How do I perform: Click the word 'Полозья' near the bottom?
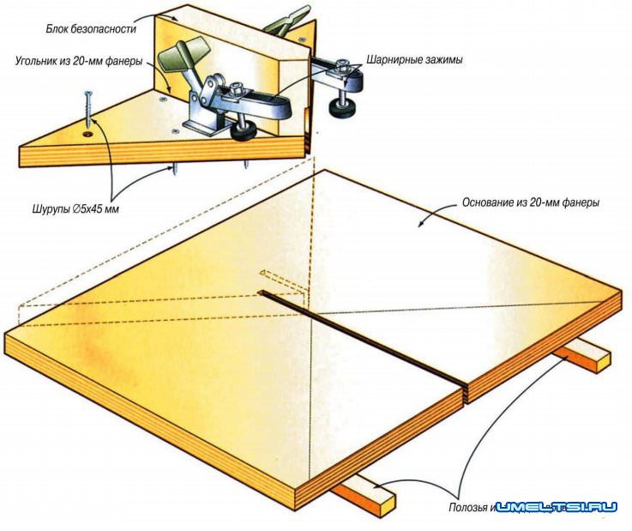click(468, 507)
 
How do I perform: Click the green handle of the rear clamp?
click(288, 17)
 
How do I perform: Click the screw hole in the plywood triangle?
click(87, 135)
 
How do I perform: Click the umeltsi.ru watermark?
click(557, 507)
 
